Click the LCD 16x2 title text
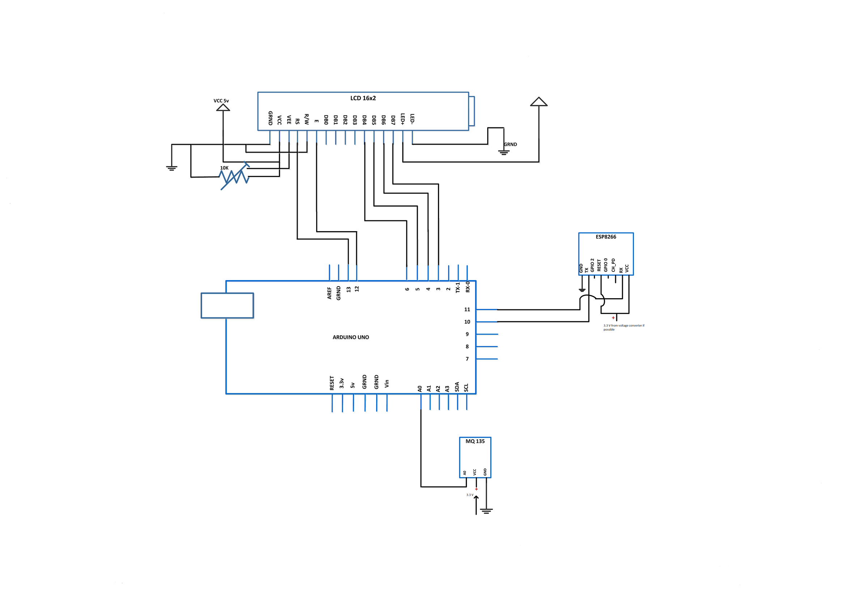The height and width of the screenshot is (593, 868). coord(363,98)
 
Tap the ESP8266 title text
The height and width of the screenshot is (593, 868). coord(605,237)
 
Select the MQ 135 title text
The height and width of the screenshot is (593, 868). coord(475,441)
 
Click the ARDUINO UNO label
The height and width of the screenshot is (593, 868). coord(350,338)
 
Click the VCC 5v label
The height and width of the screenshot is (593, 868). coord(221,101)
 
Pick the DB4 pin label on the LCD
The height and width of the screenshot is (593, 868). coord(364,119)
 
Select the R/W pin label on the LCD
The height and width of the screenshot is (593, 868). coord(307,119)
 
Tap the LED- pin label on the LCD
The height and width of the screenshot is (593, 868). coord(412,119)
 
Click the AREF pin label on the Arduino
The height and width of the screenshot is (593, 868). coord(329,293)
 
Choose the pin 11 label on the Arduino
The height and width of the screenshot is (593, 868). coord(467,309)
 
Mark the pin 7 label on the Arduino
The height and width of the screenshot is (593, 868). coord(467,359)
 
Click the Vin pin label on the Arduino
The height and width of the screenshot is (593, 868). coord(387,384)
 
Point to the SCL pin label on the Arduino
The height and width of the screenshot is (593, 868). coord(466,388)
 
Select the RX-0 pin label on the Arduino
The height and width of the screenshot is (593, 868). coord(467,287)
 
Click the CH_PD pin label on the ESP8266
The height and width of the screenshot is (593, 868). coord(613,265)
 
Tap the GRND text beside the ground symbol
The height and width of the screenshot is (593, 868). coord(510,145)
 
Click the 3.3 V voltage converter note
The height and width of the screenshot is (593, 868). coord(623,327)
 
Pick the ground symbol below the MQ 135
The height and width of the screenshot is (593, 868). coord(486,511)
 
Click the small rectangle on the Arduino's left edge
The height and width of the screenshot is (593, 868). coord(227,306)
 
